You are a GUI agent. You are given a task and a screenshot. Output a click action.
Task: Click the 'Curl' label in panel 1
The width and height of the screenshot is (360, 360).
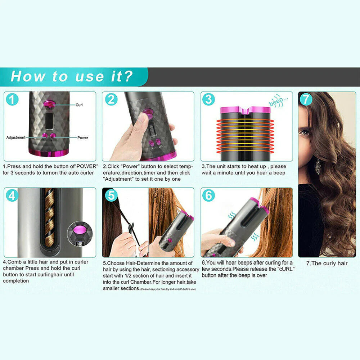click(79, 105)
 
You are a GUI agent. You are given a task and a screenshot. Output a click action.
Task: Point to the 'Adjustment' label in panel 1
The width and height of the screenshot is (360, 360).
click(16, 138)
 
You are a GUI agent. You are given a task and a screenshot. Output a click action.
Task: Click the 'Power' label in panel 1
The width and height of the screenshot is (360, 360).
click(82, 138)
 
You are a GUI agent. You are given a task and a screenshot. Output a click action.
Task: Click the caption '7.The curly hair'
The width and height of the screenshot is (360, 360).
click(327, 263)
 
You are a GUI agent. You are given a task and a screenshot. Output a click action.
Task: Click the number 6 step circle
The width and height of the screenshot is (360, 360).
click(208, 195)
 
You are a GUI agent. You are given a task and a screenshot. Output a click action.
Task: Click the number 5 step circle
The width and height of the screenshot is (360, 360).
click(111, 195)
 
